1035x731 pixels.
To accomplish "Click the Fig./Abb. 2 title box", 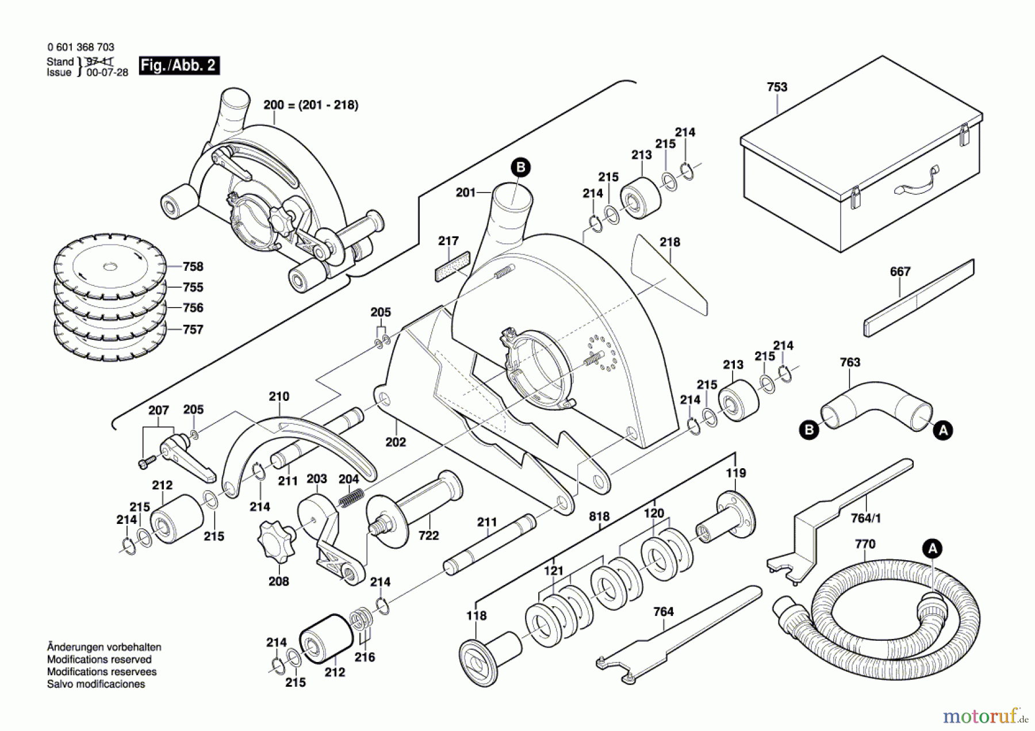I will (x=179, y=66).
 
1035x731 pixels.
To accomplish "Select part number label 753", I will (x=777, y=87).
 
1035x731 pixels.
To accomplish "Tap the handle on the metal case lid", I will (x=915, y=182).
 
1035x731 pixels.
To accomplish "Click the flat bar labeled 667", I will (x=919, y=298).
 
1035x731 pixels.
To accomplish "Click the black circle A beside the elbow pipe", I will (x=943, y=430).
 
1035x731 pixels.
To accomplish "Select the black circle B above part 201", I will (x=520, y=167).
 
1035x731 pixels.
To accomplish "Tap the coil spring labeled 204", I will (x=351, y=497).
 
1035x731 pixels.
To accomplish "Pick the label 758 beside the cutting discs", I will (x=193, y=266).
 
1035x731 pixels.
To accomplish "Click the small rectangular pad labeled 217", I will (x=453, y=266).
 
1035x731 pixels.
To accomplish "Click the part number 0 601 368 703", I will (x=80, y=47).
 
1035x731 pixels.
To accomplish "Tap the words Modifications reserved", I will (x=99, y=659).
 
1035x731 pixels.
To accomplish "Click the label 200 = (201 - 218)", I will (x=310, y=105).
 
